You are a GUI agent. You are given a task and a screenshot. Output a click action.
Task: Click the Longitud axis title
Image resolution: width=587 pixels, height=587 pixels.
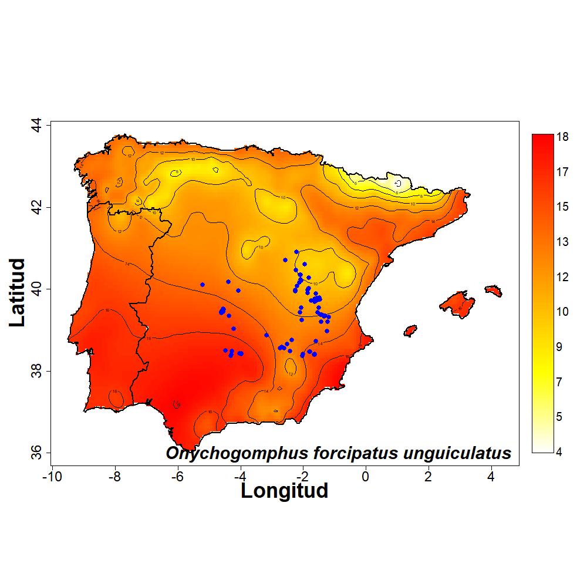[284, 491]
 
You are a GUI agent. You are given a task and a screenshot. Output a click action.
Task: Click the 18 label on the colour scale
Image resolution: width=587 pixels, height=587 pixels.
[563, 137]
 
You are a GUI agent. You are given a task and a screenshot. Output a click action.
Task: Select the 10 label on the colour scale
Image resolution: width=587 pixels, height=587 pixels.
[563, 312]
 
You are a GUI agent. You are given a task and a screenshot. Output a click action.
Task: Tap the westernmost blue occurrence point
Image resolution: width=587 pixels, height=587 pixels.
[203, 285]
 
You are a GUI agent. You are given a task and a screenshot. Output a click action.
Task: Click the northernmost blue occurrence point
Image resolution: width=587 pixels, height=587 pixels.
[296, 252]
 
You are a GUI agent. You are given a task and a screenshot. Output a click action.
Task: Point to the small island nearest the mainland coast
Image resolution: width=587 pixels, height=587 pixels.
[410, 330]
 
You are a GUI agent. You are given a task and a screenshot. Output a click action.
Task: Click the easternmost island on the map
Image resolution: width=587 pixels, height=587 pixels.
[494, 291]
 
